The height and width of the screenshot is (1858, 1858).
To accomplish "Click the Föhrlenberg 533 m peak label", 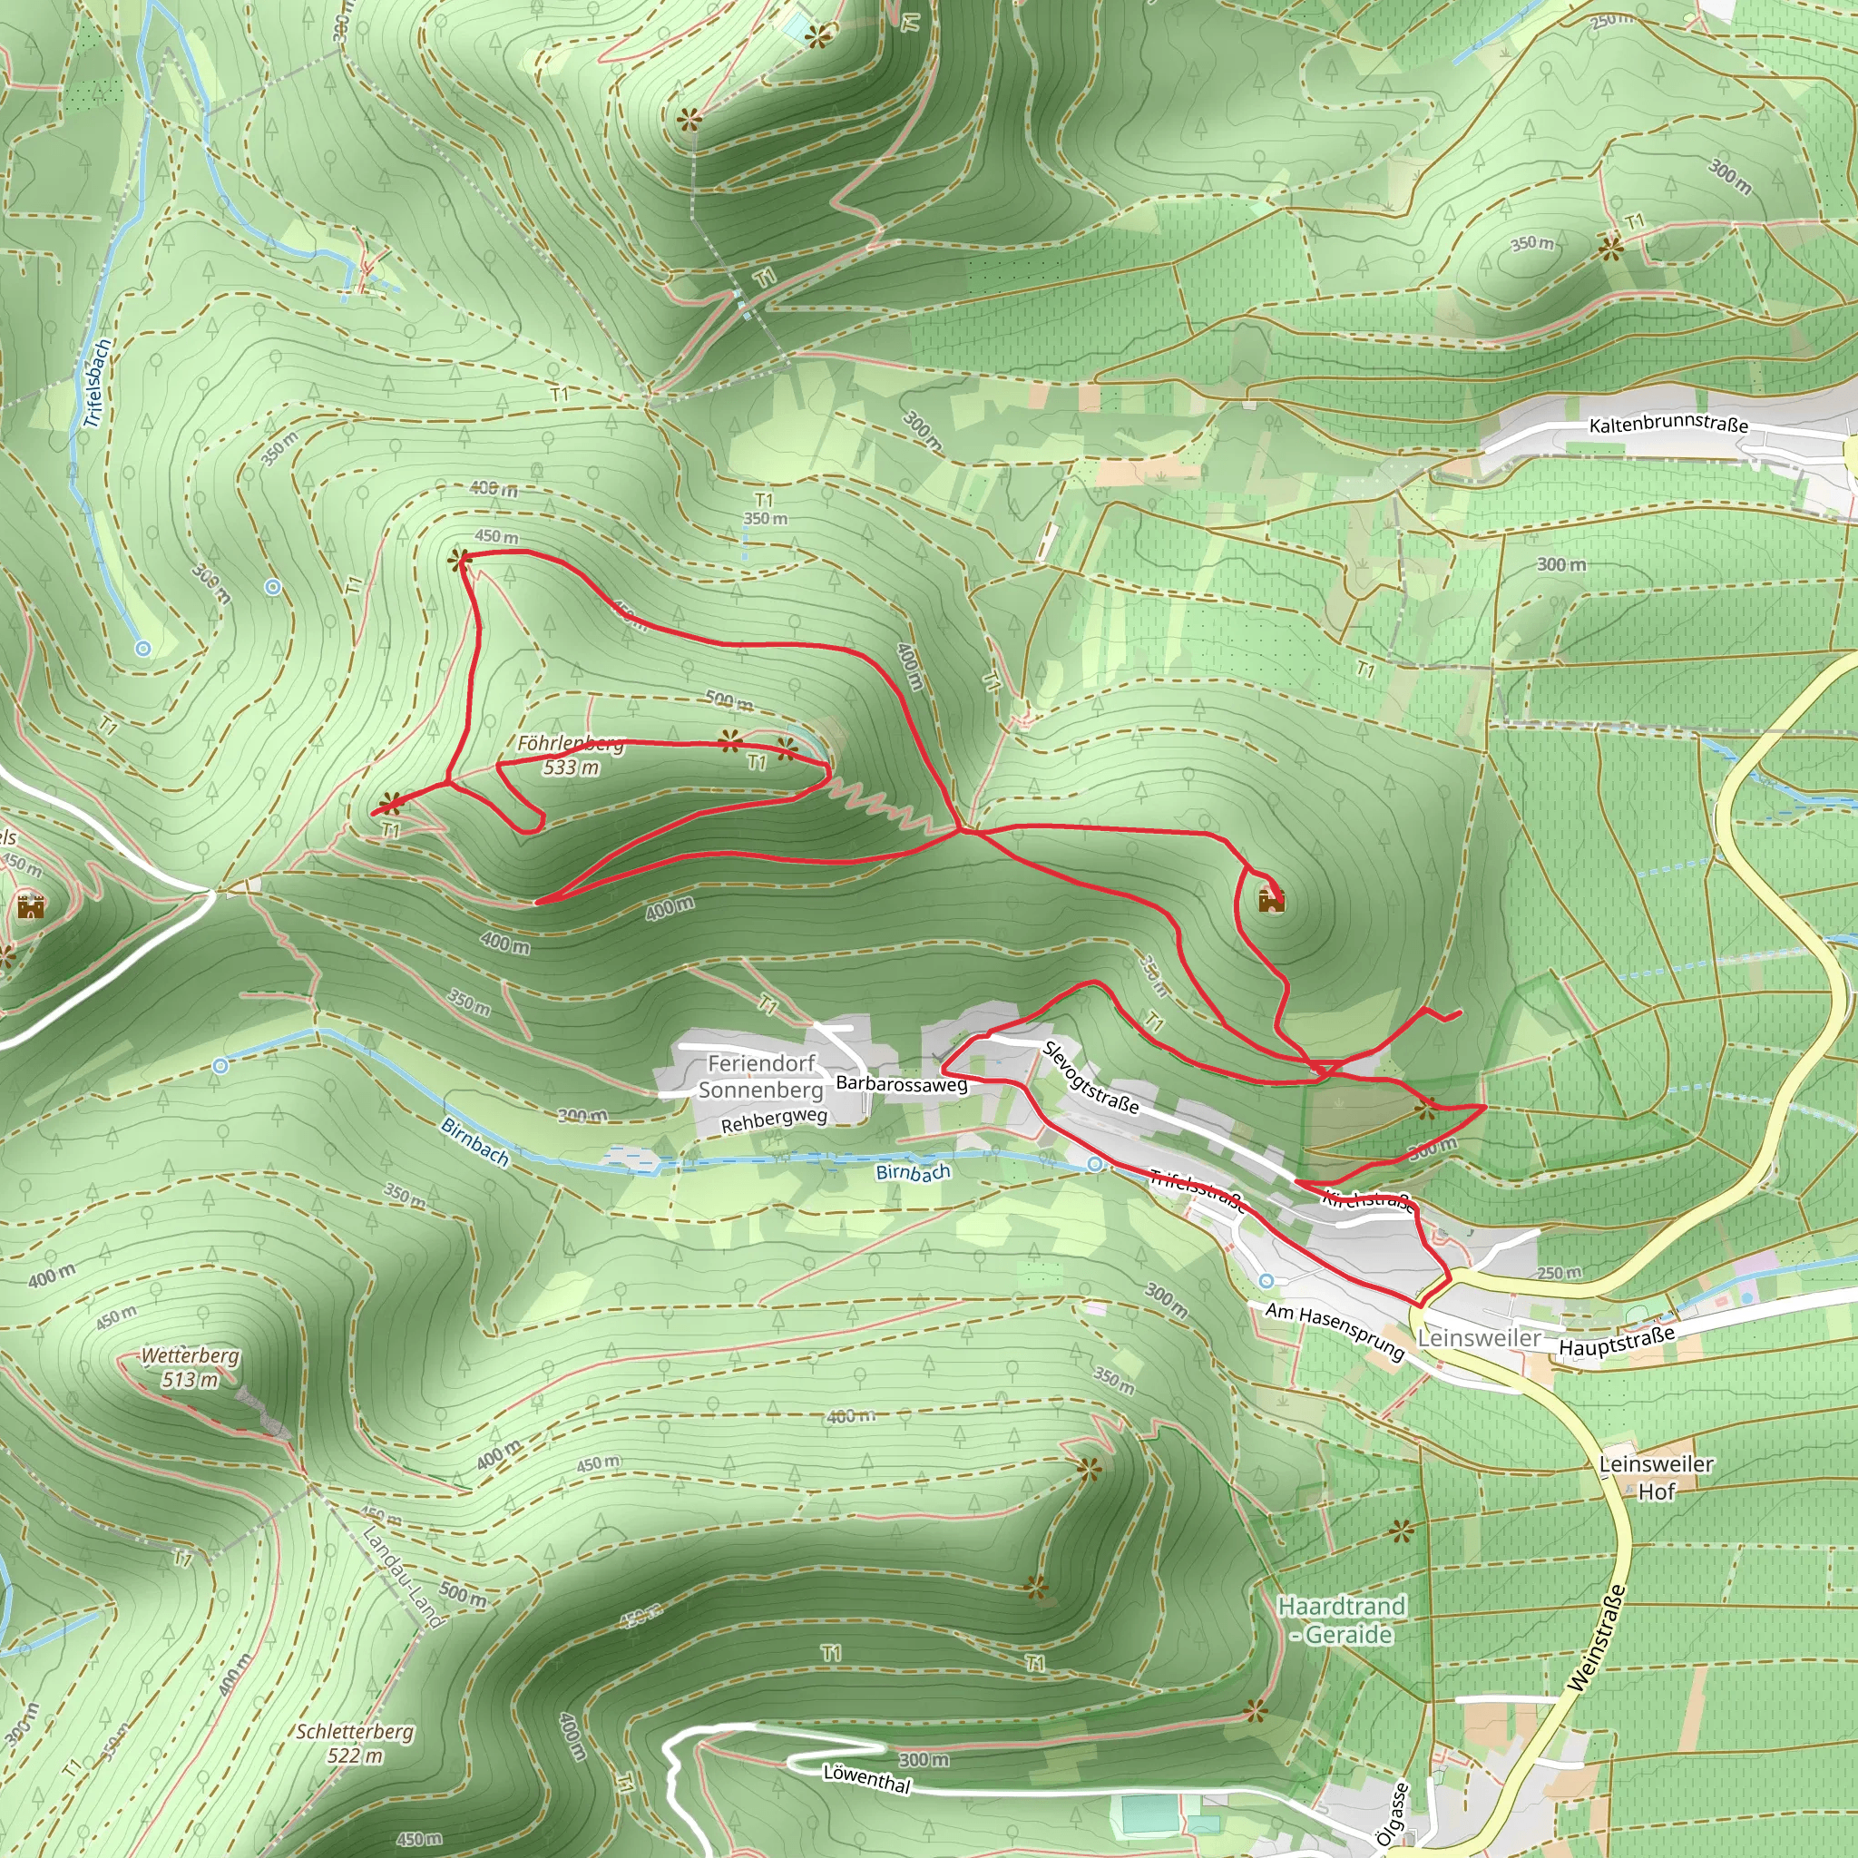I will click(x=572, y=755).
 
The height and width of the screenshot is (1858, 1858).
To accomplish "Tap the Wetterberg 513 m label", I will click(x=191, y=1367).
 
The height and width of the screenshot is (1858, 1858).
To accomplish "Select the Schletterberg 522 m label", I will click(x=355, y=1743).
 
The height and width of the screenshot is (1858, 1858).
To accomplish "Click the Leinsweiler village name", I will click(x=1479, y=1339).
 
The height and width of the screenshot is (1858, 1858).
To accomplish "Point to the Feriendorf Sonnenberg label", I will click(x=760, y=1076).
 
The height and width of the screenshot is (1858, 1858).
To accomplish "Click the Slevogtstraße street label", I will click(x=1091, y=1077).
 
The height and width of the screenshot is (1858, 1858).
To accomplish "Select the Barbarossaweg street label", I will click(x=901, y=1084).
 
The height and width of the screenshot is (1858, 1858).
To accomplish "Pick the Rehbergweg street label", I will click(x=774, y=1120).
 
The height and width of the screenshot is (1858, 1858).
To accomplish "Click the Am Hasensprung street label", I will click(x=1335, y=1330).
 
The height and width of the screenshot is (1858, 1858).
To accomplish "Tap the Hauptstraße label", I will click(x=1617, y=1341).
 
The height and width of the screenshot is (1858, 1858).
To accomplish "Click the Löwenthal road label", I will click(x=866, y=1778).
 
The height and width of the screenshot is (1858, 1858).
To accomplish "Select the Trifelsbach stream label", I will click(x=97, y=383).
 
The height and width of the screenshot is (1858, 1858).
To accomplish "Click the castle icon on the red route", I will click(x=1271, y=899).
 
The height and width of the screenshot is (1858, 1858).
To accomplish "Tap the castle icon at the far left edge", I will click(x=31, y=906).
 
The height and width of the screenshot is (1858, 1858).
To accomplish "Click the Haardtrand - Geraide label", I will click(x=1342, y=1619).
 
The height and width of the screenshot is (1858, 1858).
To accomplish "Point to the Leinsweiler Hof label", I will click(x=1656, y=1477).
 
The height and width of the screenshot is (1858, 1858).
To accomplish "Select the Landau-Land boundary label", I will click(x=404, y=1577).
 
